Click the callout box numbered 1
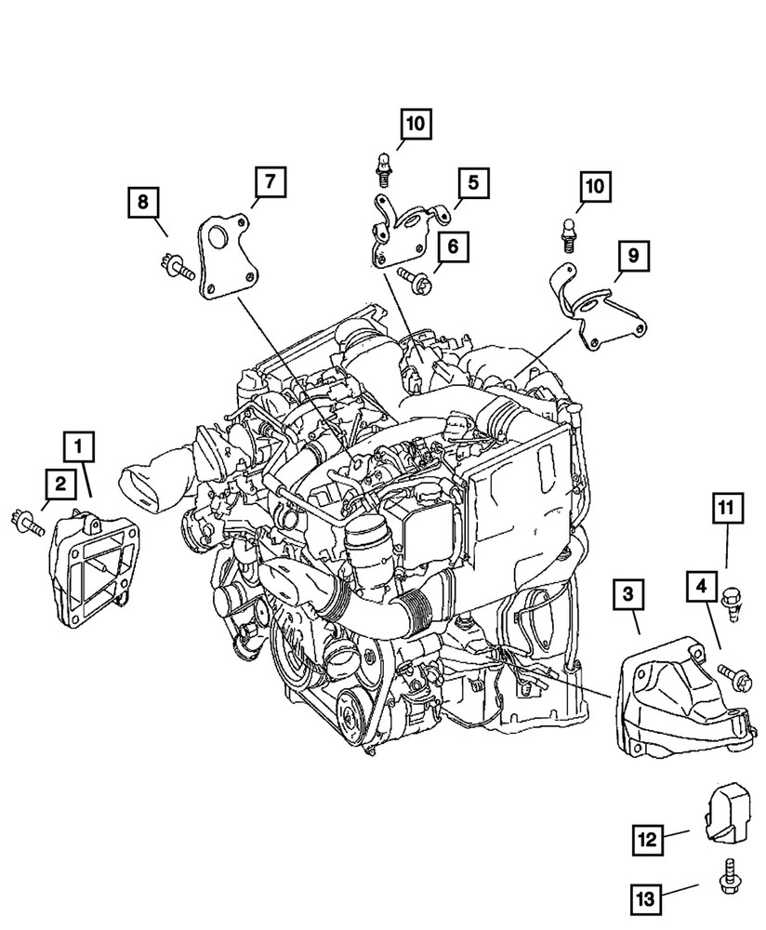click(x=79, y=447)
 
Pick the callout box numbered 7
click(x=266, y=183)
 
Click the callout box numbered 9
click(x=633, y=254)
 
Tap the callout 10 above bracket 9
click(x=595, y=187)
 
